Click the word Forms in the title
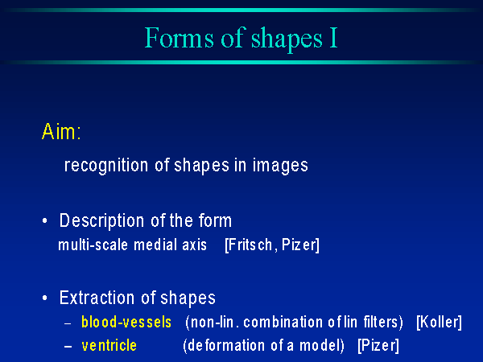(179, 38)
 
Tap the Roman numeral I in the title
(333, 38)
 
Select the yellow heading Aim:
(61, 131)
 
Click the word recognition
(106, 167)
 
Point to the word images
(280, 167)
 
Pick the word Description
(101, 222)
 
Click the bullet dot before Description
(45, 220)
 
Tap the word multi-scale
(93, 245)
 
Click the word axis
(194, 245)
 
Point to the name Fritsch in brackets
(250, 245)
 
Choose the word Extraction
(97, 298)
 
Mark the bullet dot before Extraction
(45, 298)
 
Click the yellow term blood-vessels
(126, 323)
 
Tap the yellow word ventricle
(109, 345)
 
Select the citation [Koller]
(439, 323)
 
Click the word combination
(283, 323)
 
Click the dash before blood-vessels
(68, 324)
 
